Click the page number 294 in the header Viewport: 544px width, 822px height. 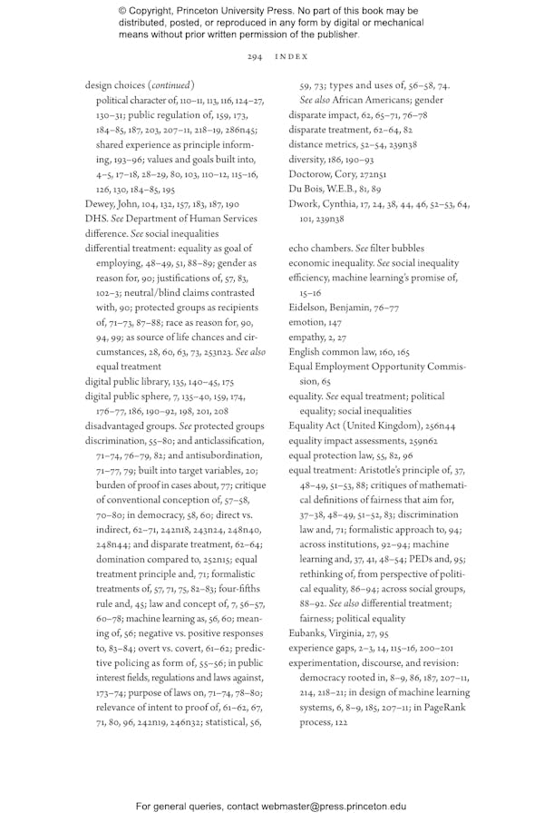pyautogui.click(x=254, y=56)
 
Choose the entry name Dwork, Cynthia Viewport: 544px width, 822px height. pyautogui.click(x=322, y=204)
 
